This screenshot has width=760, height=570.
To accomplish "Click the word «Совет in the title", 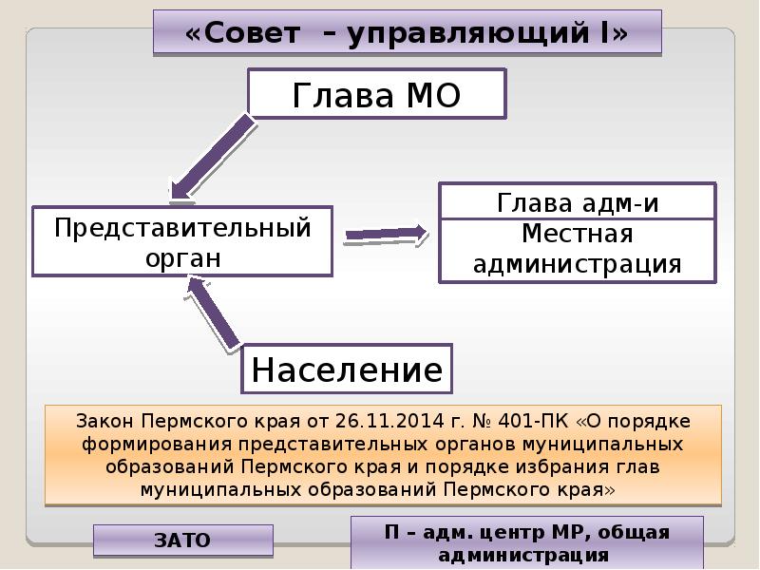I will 237,33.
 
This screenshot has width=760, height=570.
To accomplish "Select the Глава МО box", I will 376,95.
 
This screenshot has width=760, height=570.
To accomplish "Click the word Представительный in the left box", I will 182,229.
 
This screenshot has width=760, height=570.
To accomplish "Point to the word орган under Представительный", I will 182,257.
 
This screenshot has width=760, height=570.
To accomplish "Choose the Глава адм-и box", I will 577,203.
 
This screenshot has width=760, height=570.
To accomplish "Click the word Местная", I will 577,234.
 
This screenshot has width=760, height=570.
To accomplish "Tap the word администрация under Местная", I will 577,263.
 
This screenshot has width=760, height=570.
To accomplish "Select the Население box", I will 348,369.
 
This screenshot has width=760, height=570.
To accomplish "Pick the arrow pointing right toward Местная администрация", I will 386,234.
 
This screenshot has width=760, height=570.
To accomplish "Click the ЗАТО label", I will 182,541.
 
